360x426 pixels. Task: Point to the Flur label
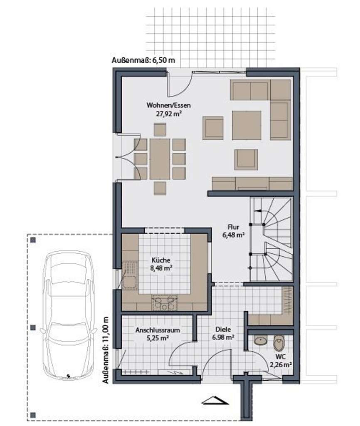[233, 227]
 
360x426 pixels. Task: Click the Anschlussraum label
[158, 330]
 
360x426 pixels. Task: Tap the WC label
[279, 357]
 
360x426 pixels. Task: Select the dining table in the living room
[160, 159]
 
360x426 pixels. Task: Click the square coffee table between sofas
[246, 125]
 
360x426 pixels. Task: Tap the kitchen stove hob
[165, 302]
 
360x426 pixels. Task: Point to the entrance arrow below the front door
[215, 401]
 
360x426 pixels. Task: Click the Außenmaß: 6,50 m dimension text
[143, 60]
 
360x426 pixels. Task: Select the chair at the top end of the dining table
[160, 129]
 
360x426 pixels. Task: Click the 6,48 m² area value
[233, 235]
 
